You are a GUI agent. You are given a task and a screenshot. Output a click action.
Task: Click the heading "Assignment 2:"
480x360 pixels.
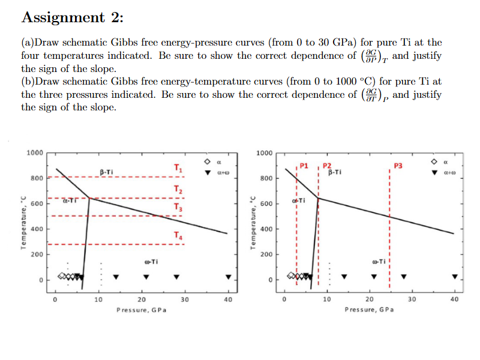pyautogui.click(x=72, y=17)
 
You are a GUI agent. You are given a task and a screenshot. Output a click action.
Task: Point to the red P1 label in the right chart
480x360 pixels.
pyautogui.click(x=304, y=165)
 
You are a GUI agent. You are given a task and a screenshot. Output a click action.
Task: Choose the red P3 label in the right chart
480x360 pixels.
pyautogui.click(x=398, y=165)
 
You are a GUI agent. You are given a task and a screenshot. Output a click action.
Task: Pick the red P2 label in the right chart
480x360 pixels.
pyautogui.click(x=327, y=165)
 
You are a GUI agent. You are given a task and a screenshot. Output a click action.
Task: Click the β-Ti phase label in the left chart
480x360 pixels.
pyautogui.click(x=106, y=172)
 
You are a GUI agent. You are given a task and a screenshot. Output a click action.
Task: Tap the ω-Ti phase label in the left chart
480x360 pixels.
pyautogui.click(x=151, y=262)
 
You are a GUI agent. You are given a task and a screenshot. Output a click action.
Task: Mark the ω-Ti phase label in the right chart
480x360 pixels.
pyautogui.click(x=380, y=262)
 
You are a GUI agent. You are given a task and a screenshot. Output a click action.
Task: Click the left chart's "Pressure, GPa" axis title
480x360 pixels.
pyautogui.click(x=141, y=310)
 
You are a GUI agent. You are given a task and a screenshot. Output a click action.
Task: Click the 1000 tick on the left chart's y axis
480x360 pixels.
pyautogui.click(x=35, y=152)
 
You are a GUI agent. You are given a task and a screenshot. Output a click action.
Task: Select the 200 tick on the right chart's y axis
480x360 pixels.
pyautogui.click(x=266, y=254)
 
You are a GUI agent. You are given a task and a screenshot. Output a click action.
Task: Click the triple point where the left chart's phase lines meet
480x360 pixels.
pyautogui.click(x=89, y=198)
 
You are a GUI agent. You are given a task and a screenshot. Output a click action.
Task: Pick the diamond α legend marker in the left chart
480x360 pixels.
pyautogui.click(x=206, y=162)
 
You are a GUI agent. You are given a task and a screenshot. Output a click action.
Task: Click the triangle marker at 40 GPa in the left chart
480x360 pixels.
pyautogui.click(x=228, y=277)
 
